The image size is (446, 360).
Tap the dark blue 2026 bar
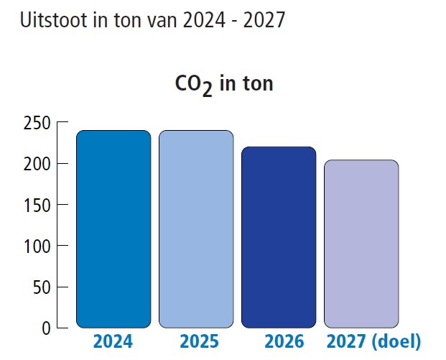click(279, 237)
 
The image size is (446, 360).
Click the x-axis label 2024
click(113, 341)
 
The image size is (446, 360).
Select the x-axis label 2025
click(198, 341)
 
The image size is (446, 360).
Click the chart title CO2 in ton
click(224, 84)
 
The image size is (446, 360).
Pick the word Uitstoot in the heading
click(52, 20)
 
